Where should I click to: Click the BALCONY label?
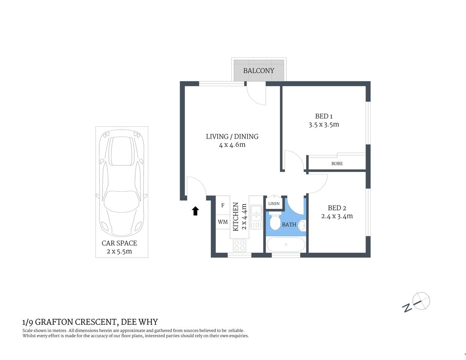259,70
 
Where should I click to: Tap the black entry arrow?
195,211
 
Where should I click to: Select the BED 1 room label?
324,116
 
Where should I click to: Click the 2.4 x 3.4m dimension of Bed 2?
337,216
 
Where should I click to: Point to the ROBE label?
337,163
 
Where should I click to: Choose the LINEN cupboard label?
274,204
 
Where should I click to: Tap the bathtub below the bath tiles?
286,244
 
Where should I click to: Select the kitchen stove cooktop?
239,246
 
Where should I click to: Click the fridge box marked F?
223,205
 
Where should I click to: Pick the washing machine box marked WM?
223,222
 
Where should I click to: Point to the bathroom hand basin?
302,225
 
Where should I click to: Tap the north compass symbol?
421,301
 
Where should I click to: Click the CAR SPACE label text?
119,243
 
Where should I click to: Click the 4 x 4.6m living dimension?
232,145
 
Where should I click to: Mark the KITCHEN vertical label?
236,217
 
